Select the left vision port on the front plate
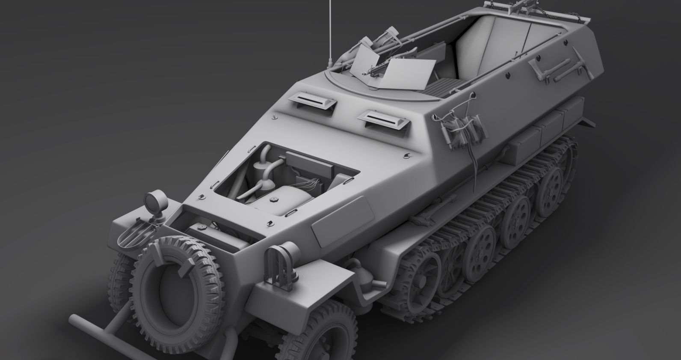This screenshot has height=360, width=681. pyautogui.click(x=311, y=101)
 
